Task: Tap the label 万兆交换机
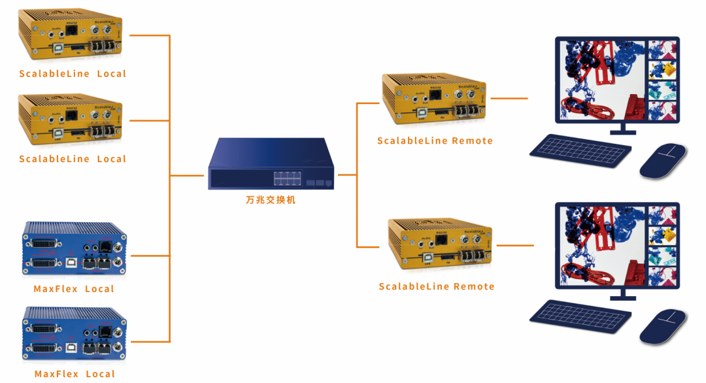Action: point(266,200)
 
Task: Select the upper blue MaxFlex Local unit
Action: point(74,252)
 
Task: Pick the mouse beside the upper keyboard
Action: point(663,161)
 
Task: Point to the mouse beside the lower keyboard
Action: point(663,326)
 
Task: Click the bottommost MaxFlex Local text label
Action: point(74,374)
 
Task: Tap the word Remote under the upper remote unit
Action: point(471,141)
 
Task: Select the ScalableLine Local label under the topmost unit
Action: point(73,74)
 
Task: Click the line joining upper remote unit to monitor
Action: point(509,99)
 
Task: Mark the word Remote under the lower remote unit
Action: point(473,286)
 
